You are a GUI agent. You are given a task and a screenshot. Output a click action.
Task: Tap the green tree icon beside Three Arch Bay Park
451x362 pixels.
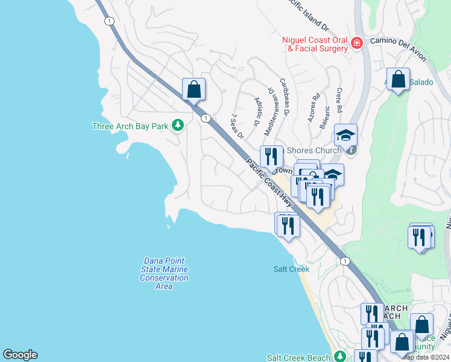pos(177,125)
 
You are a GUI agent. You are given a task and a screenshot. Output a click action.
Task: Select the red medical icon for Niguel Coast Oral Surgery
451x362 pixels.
pos(357,43)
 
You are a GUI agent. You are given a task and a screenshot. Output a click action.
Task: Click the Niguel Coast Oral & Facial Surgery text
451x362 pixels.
pos(315,44)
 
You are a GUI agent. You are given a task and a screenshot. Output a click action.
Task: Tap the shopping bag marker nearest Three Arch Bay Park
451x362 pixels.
pos(194,90)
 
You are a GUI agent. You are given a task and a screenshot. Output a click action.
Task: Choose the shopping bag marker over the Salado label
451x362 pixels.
pos(399,79)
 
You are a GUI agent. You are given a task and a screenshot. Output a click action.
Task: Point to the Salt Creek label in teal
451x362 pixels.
pos(291,269)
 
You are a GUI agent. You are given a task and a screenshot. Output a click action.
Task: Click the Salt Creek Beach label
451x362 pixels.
pos(298,357)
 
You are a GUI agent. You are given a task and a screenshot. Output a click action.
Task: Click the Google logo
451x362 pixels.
pos(20,355)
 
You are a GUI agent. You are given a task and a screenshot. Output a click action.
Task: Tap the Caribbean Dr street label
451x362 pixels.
pos(285,96)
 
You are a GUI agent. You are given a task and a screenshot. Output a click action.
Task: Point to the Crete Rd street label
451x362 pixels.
pos(339,100)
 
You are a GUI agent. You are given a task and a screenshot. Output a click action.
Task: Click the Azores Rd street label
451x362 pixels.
pos(314,107)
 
